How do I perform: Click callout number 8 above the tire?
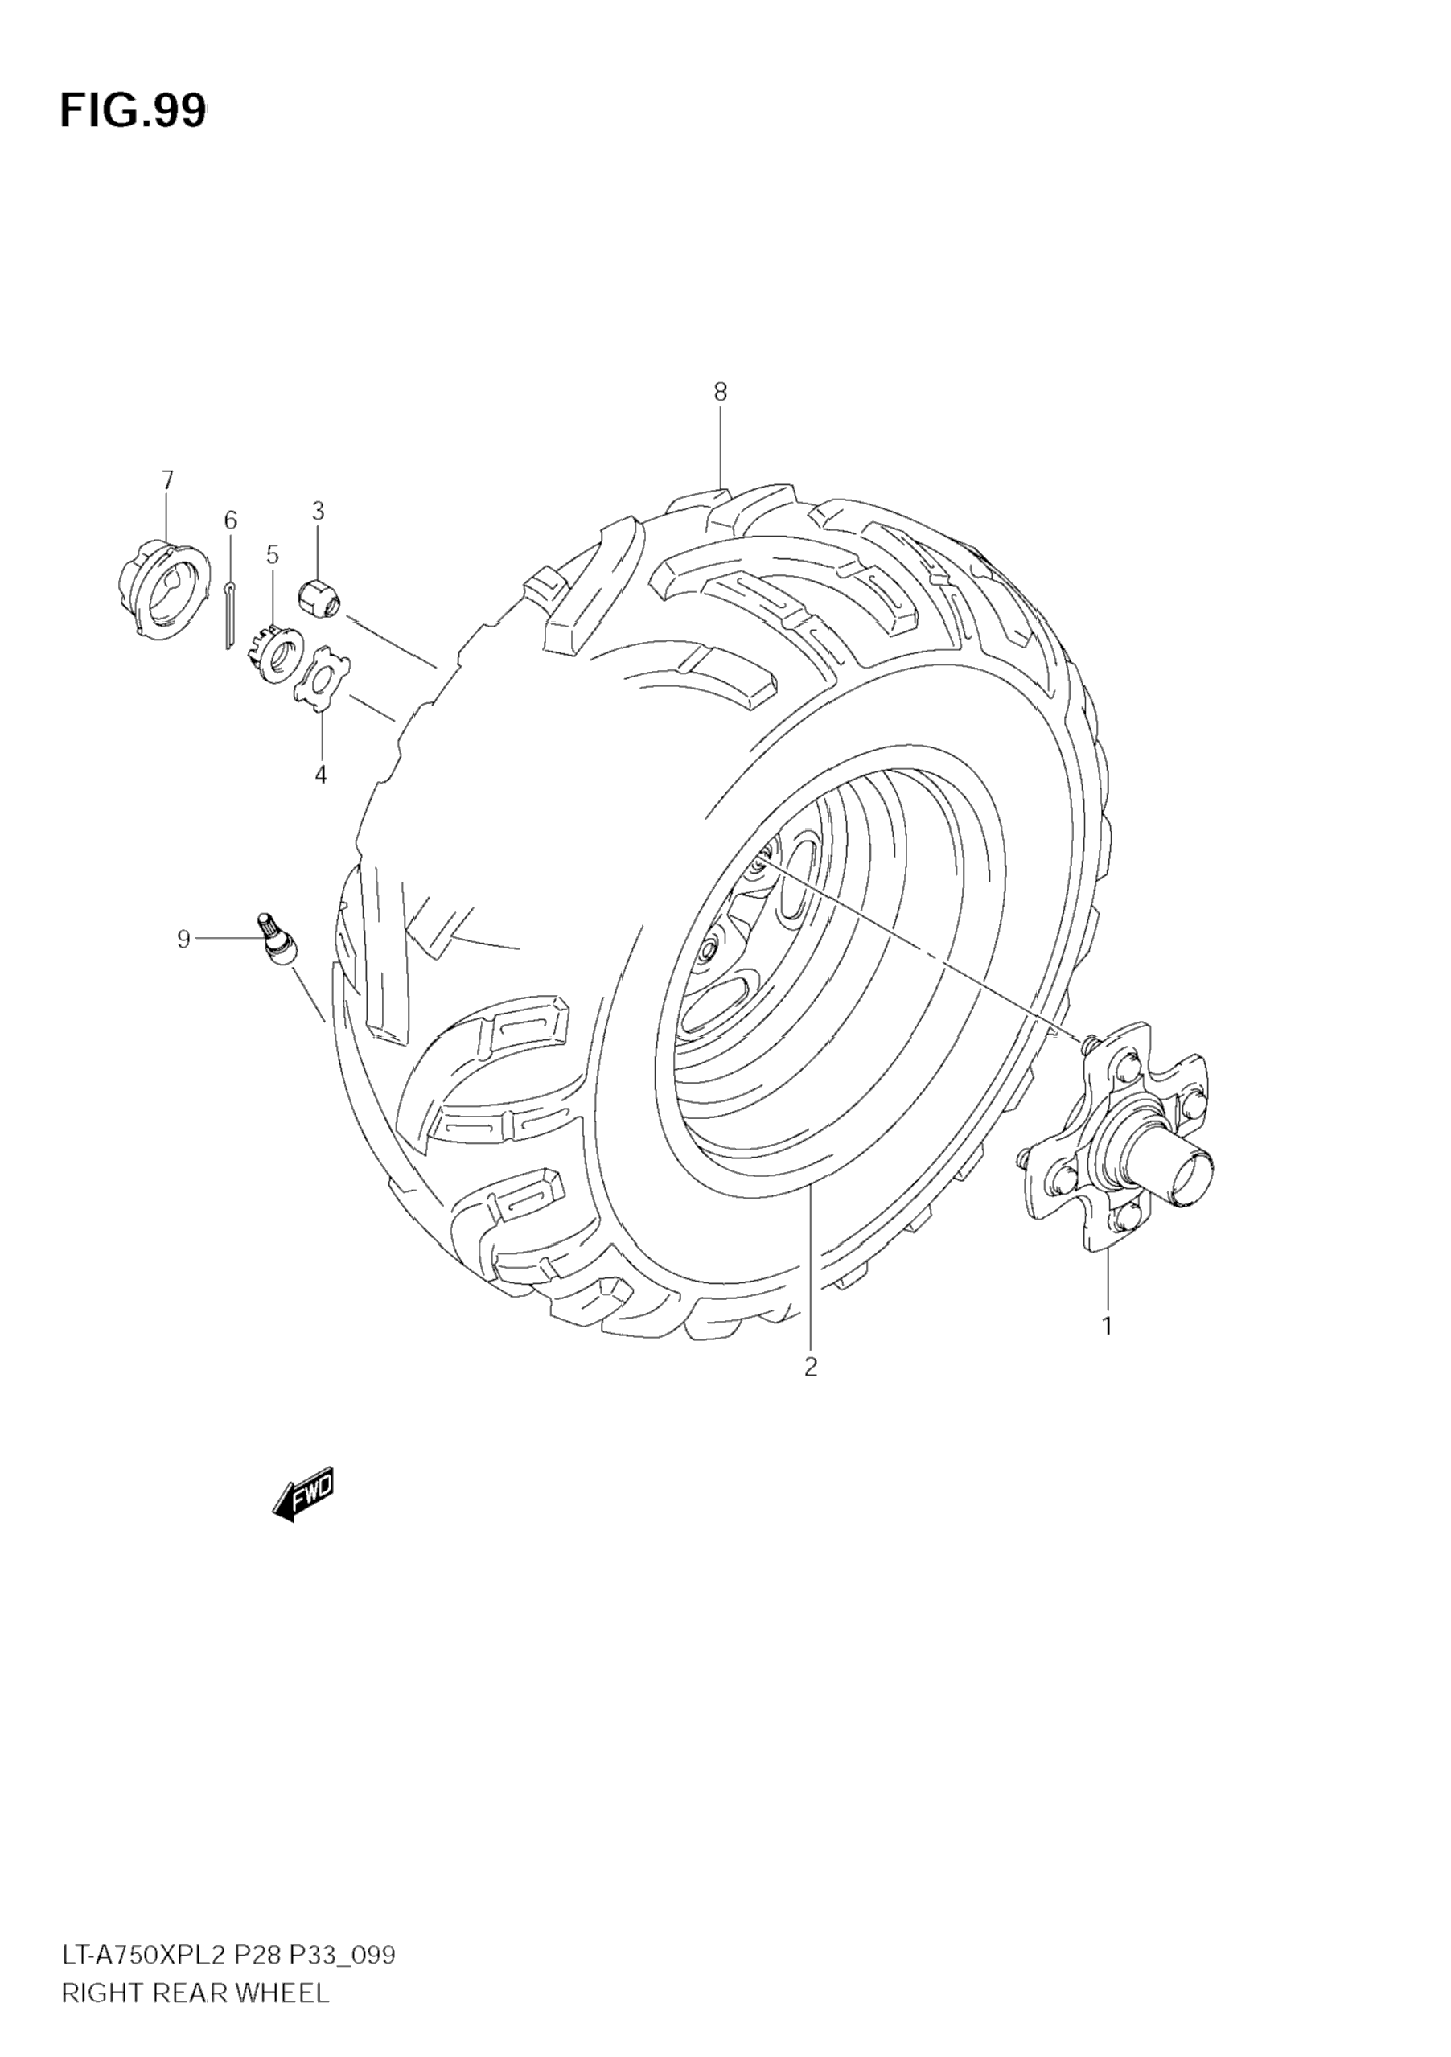click(x=720, y=392)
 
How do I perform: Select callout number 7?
click(x=167, y=480)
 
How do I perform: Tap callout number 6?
click(x=230, y=520)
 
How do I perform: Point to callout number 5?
click(x=273, y=554)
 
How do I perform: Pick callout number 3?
click(x=318, y=511)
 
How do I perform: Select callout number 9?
click(x=183, y=939)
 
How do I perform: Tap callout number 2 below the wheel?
click(x=811, y=1367)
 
